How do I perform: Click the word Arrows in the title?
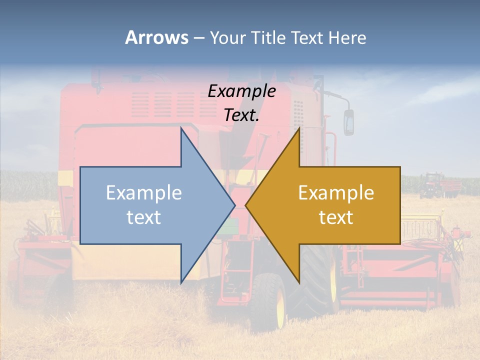[x=157, y=37]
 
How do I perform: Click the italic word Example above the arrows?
[x=242, y=91]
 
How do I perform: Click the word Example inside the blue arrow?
[x=144, y=193]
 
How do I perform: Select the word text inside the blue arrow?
[x=144, y=217]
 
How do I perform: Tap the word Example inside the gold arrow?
[x=336, y=193]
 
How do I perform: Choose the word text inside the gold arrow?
[x=336, y=217]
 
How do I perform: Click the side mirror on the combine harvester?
[x=348, y=122]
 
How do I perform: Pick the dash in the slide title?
[x=198, y=37]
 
